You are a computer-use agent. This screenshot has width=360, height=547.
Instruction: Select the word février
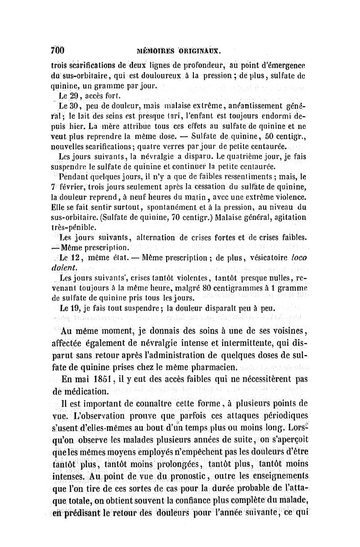(x=81, y=186)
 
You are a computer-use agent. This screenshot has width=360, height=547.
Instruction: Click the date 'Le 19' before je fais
(x=67, y=310)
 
